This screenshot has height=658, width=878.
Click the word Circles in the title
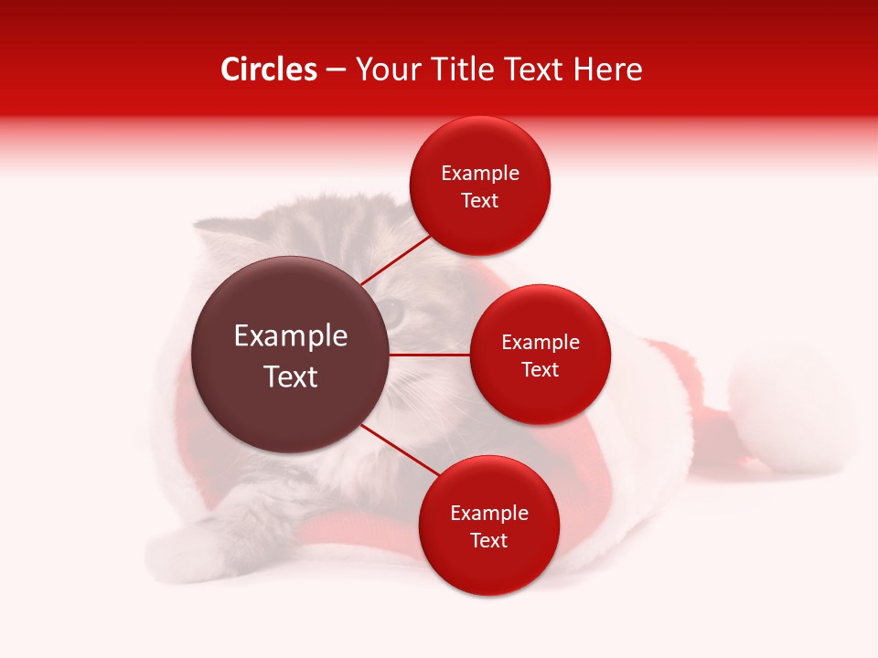(x=269, y=69)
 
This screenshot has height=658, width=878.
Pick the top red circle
(x=480, y=186)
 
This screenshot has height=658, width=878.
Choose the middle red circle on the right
(x=540, y=355)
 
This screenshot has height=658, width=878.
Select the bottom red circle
(x=488, y=525)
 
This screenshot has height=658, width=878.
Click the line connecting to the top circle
(x=394, y=260)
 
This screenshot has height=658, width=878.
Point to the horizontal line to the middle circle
(x=430, y=355)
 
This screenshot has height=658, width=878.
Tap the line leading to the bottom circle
(x=401, y=451)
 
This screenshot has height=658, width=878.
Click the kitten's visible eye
(x=393, y=312)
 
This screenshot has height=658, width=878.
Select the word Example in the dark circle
(x=291, y=336)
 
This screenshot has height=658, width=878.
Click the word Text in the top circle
(x=480, y=201)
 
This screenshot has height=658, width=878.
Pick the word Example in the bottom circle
(x=488, y=513)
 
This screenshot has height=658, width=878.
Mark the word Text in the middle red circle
(x=540, y=369)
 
